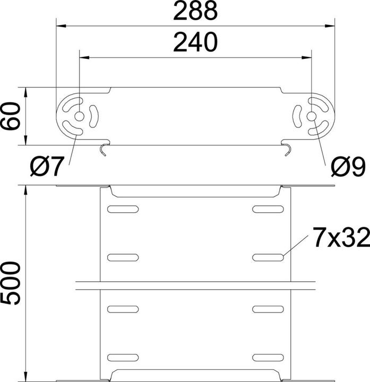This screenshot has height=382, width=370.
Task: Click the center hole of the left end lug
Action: [x=79, y=117]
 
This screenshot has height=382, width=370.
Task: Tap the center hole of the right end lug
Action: [x=312, y=117]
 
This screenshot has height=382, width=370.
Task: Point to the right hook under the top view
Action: [x=287, y=150]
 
